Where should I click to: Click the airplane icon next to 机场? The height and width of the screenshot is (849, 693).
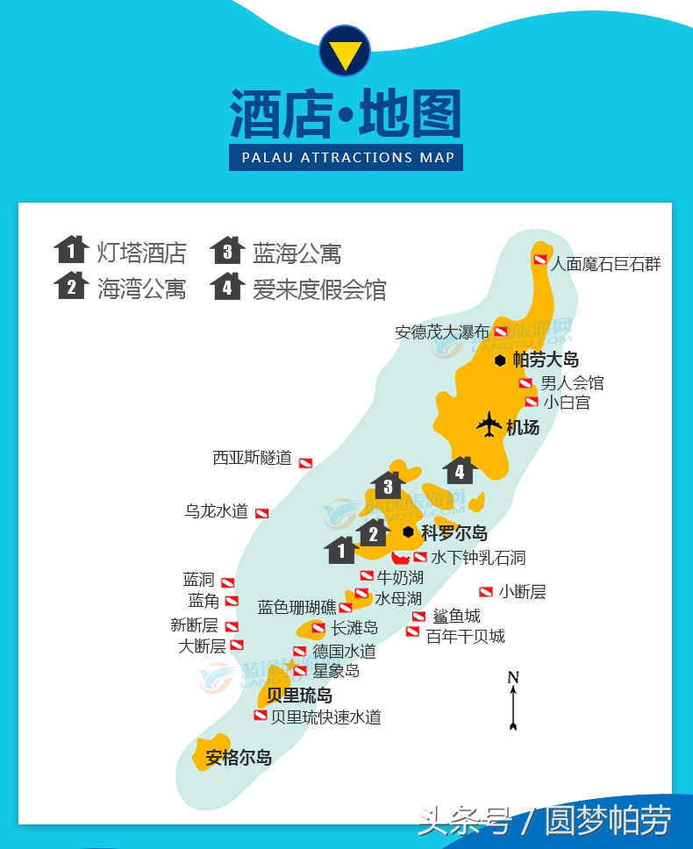489,425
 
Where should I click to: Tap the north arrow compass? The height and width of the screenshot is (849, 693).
513,700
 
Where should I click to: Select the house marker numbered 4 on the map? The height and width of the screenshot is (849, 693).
459,471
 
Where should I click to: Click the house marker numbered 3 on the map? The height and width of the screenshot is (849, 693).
388,485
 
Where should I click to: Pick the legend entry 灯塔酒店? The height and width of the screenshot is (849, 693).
141,253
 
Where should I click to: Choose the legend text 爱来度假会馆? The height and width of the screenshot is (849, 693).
319,289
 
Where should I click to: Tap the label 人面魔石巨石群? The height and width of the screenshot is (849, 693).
605,263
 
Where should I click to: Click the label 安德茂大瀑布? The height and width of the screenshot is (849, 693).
441,332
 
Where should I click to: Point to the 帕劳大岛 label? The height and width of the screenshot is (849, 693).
546,359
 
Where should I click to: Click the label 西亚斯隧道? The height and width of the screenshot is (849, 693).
252,458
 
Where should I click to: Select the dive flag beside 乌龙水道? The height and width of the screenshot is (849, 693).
261,513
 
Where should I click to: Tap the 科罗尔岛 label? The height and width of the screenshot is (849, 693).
454,532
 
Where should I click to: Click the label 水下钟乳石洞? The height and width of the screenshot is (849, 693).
478,557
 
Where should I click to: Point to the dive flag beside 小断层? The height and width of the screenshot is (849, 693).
485,592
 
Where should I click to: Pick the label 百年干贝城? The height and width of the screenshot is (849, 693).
465,636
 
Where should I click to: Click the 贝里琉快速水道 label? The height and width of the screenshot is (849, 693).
325,717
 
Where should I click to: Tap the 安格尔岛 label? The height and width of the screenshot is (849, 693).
238,758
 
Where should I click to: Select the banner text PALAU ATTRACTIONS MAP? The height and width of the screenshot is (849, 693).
347,158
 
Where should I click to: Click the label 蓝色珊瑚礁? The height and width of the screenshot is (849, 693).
296,607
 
